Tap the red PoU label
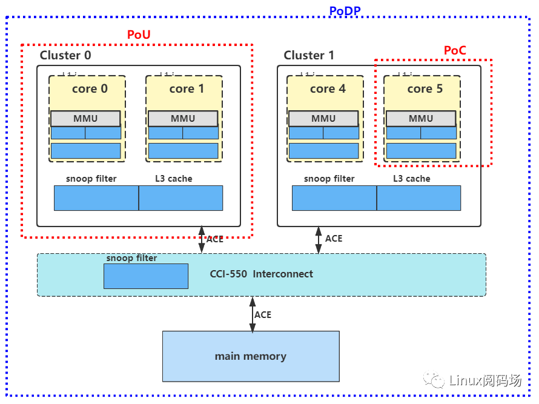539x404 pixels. tap(139, 35)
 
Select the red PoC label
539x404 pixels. tap(455, 50)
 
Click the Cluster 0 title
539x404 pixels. tap(65, 56)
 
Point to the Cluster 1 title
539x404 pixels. tap(309, 56)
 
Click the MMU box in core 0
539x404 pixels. tap(85, 119)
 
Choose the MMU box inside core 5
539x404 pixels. tap(421, 119)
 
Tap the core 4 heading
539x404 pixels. tap(328, 89)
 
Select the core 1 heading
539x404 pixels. tap(187, 89)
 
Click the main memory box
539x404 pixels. tap(251, 356)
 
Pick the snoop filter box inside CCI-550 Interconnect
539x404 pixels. tap(146, 276)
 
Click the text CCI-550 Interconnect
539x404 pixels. tap(262, 274)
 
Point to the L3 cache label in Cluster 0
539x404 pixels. tap(174, 179)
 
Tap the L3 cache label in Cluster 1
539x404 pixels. tap(412, 179)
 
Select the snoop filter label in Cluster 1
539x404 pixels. tap(329, 179)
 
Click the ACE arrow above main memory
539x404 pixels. tap(253, 314)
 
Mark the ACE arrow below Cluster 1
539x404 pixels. tap(319, 240)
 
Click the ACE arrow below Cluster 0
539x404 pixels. tap(202, 240)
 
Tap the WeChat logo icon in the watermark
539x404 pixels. tap(435, 380)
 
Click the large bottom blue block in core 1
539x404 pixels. tap(183, 151)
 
